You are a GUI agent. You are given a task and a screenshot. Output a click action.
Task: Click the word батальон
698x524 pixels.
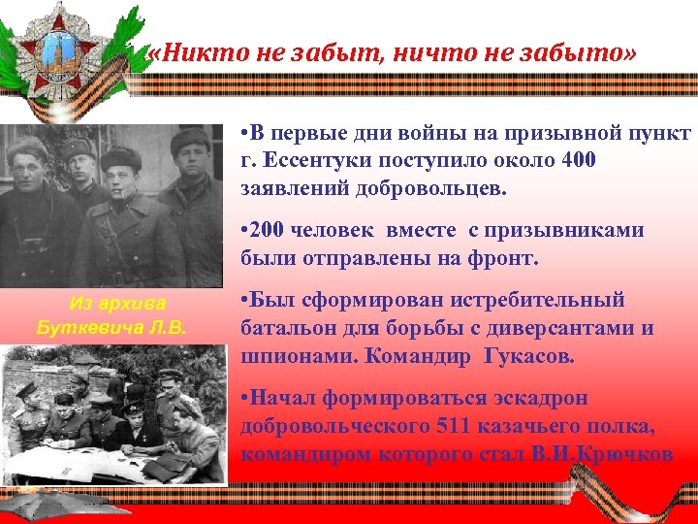290,329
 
